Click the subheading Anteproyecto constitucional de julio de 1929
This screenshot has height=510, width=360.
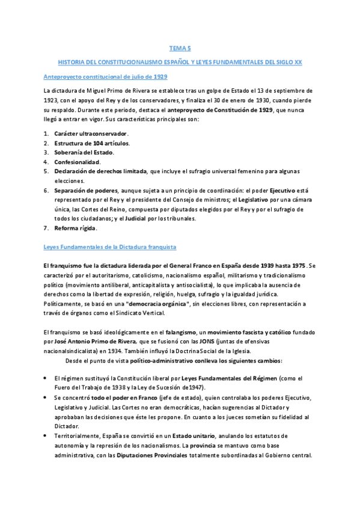tap(105, 77)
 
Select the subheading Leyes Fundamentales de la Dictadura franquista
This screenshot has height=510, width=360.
tap(109, 247)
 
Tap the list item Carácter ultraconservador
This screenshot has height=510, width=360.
tap(91, 133)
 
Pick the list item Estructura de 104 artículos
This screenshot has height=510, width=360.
tap(91, 143)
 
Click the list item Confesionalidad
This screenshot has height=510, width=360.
tap(77, 162)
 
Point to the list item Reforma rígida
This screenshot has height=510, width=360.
tap(75, 229)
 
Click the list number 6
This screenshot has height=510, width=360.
tap(46, 190)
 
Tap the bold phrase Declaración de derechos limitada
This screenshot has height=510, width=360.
tap(100, 171)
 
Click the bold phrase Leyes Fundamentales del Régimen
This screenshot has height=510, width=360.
tap(230, 378)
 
